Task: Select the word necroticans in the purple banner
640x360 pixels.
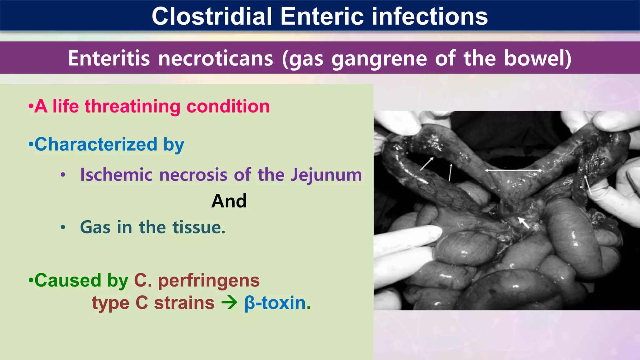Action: (x=216, y=58)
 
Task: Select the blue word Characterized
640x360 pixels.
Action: (x=96, y=144)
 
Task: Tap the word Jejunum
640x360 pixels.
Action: (x=326, y=175)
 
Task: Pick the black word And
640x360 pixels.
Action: (x=229, y=201)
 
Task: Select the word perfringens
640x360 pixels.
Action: (x=209, y=280)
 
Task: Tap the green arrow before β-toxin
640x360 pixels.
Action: (x=229, y=303)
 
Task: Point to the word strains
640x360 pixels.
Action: (x=184, y=303)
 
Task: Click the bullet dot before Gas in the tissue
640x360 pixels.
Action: (x=63, y=227)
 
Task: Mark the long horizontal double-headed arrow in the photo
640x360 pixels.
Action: (x=513, y=170)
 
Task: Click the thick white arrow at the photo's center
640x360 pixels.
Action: (x=524, y=222)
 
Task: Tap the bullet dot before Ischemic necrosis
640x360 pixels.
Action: (x=63, y=175)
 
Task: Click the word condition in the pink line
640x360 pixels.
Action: (x=228, y=106)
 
